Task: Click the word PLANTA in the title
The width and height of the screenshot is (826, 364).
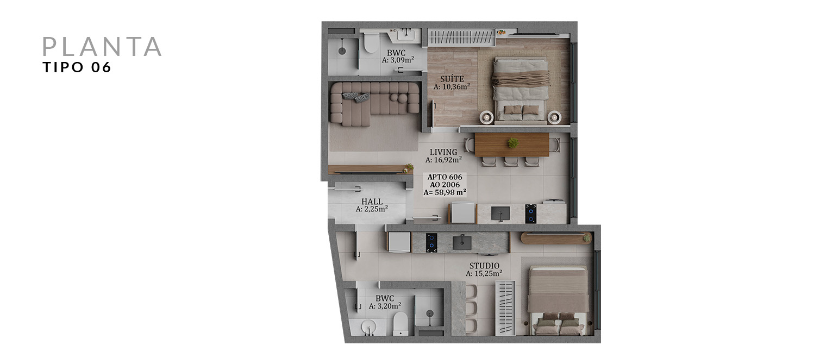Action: [x=102, y=47]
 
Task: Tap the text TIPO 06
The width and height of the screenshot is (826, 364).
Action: [x=77, y=67]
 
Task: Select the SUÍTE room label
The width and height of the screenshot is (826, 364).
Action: [x=452, y=79]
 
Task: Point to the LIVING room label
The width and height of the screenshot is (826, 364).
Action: [x=443, y=152]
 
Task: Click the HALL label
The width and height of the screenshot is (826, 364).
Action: [x=372, y=202]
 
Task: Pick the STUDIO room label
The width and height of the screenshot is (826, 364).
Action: [x=484, y=266]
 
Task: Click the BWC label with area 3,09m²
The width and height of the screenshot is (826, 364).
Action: [x=396, y=53]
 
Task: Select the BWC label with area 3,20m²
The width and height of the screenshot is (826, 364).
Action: [x=385, y=298]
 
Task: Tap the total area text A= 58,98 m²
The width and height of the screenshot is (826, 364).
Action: [x=445, y=192]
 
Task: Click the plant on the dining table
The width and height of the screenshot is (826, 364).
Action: [x=513, y=142]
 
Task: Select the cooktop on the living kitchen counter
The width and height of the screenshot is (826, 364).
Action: [x=530, y=214]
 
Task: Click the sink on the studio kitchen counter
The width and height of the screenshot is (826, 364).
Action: [x=462, y=242]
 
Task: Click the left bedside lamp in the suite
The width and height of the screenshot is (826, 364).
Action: [x=487, y=117]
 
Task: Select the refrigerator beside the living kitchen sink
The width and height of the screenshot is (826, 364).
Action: [x=462, y=213]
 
